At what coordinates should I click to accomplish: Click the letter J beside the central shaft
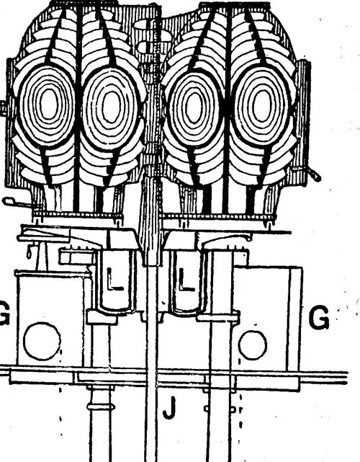coord(170,407)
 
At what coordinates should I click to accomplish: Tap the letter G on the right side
coord(319,317)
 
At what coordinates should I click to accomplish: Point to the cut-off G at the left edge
coord(5,313)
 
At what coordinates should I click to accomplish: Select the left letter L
coord(114,279)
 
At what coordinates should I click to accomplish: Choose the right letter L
coord(186,280)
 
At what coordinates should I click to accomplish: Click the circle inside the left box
coord(42,341)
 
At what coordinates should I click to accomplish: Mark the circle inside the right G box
coord(253,345)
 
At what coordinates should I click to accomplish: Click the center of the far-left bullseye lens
coord(48,103)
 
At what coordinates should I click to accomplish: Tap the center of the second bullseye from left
coord(112,107)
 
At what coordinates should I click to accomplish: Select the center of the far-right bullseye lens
coord(261,105)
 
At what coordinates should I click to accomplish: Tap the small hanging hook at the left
coord(29,251)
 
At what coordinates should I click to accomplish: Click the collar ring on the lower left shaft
coord(101,407)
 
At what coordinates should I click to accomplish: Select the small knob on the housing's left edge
coord(3,109)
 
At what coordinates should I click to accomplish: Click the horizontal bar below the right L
coord(218,317)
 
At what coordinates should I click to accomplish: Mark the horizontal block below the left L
coord(102,317)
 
